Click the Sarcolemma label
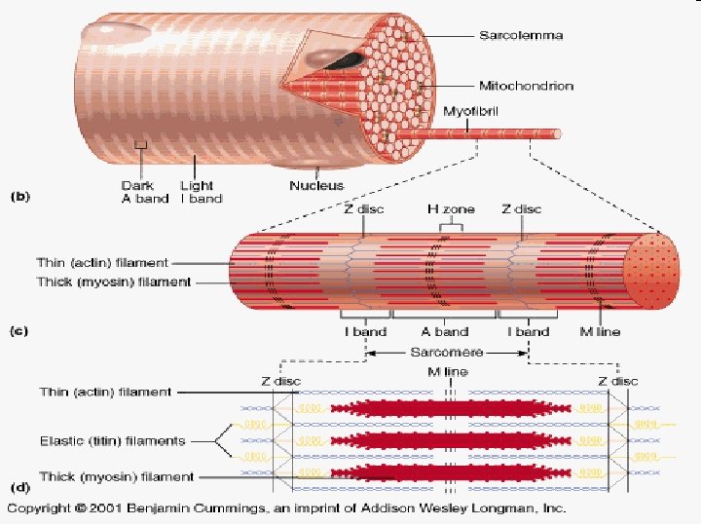[521, 36]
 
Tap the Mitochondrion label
[526, 86]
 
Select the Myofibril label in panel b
[471, 112]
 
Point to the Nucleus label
[317, 184]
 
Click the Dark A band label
[137, 192]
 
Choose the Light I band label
[201, 192]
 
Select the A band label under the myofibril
[445, 331]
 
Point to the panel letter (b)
[19, 196]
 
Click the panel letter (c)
[19, 331]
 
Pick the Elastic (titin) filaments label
[112, 441]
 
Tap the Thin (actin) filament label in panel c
[102, 262]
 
